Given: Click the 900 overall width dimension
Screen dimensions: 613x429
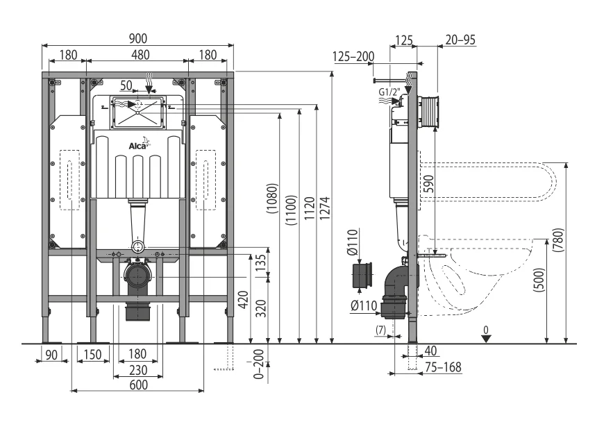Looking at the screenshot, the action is click(x=138, y=38).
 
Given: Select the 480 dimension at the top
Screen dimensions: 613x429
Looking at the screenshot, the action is click(x=140, y=54).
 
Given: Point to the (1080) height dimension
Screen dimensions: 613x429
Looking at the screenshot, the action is click(x=273, y=199).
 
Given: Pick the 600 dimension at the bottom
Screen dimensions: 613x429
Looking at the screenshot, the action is click(x=139, y=385).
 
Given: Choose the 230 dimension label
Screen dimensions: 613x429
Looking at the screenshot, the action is click(x=138, y=370).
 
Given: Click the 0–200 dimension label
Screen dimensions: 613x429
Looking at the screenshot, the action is click(x=259, y=364).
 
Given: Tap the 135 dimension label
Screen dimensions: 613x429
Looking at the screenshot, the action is click(x=261, y=260).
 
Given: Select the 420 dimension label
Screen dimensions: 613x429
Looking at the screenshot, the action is click(x=243, y=300).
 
